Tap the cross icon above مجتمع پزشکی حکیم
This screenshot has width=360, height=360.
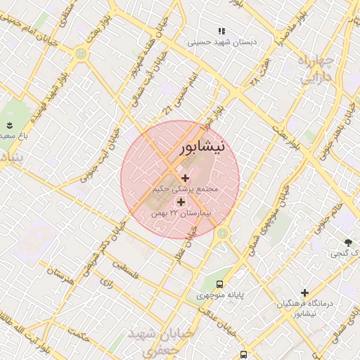(x=185, y=178)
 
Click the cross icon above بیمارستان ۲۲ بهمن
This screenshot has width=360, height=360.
(x=181, y=202)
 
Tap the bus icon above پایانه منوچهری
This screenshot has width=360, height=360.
(x=220, y=285)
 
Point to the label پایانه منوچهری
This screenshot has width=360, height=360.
(x=220, y=296)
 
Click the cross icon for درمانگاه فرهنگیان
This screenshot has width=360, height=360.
(x=304, y=292)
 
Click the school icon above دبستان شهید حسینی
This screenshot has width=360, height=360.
(x=221, y=32)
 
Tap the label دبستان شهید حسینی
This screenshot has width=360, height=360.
(x=222, y=42)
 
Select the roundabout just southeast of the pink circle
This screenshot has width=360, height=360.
(x=223, y=233)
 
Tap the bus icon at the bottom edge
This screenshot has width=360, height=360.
(x=243, y=355)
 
